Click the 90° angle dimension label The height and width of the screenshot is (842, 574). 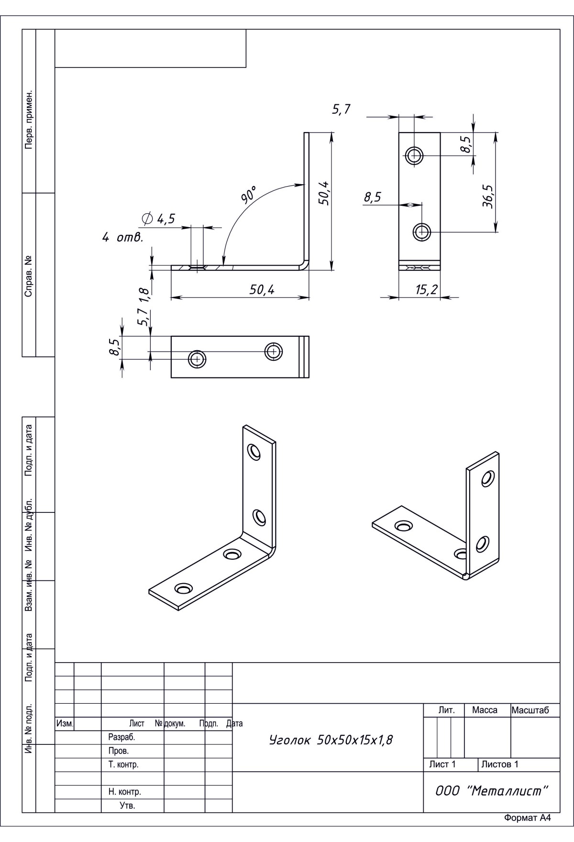click(x=249, y=195)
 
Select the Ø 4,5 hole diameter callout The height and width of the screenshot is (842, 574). click(x=159, y=219)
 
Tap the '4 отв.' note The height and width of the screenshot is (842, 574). click(x=123, y=237)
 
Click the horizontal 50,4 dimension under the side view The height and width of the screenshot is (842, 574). click(x=262, y=289)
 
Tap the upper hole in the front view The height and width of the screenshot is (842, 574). click(x=414, y=155)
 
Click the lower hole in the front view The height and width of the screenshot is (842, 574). click(x=422, y=232)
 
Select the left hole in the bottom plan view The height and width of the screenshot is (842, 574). click(x=197, y=359)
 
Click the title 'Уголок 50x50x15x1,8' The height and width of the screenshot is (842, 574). click(x=331, y=740)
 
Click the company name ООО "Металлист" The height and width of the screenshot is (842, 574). click(x=491, y=791)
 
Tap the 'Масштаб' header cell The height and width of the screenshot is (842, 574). click(x=530, y=710)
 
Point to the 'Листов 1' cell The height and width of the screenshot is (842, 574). click(x=499, y=764)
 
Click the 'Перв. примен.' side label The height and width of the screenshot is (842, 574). click(x=29, y=119)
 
